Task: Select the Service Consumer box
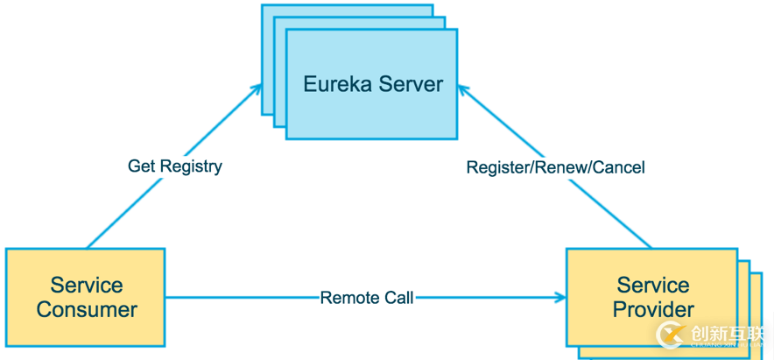(86, 297)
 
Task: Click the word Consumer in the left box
(87, 310)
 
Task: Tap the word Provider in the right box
(653, 310)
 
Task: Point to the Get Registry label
(174, 166)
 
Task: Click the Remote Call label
(367, 298)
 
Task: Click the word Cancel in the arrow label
(618, 166)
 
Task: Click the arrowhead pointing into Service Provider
(560, 298)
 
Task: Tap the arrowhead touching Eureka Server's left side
(257, 88)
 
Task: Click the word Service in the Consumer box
(87, 285)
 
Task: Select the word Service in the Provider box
(653, 285)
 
